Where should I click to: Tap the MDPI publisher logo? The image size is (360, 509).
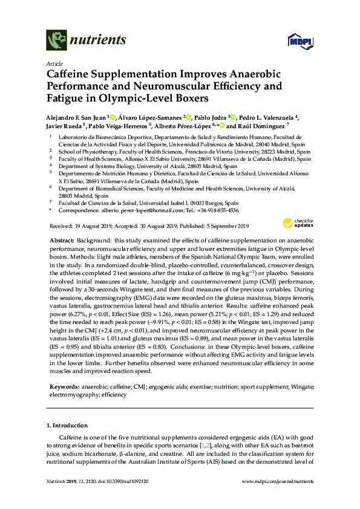coord(303,39)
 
